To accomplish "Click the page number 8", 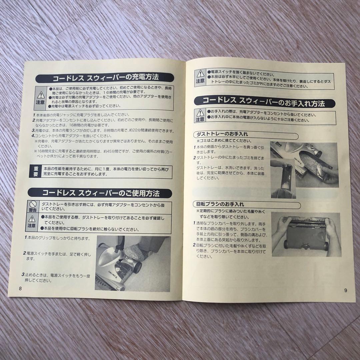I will [20, 288].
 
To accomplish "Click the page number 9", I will [345, 290].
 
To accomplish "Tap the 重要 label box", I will [35, 172].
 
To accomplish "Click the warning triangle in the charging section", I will [41, 95].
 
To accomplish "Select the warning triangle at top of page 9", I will [200, 74].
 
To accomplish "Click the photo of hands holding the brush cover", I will [306, 234].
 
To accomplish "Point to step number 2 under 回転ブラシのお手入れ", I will [194, 245].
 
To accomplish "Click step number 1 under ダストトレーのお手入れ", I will [194, 147].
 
